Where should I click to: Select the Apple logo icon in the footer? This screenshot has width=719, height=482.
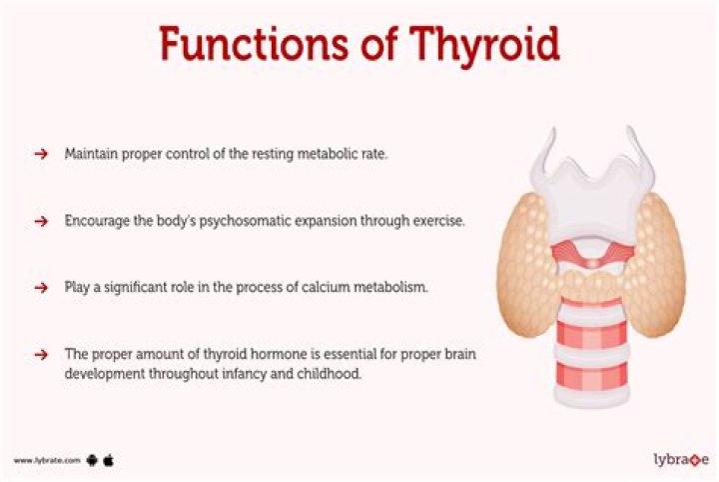pos(109,460)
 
